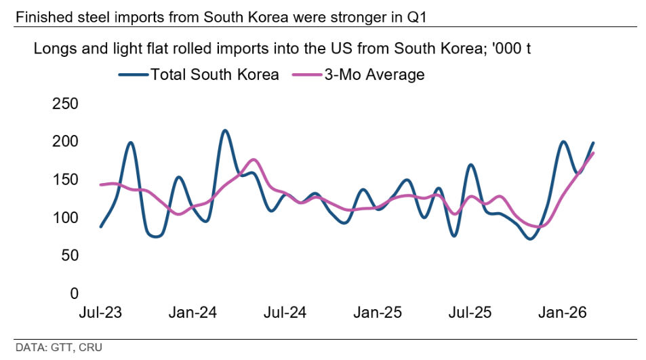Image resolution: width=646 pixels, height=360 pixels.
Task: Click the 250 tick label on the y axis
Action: [x=66, y=104]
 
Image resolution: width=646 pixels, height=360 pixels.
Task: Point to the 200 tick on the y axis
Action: [x=66, y=142]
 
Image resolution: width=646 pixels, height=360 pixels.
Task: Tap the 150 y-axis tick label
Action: [x=66, y=180]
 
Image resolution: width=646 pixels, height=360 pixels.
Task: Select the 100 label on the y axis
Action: [x=66, y=218]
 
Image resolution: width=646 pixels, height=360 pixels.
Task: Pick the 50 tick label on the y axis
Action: [x=70, y=256]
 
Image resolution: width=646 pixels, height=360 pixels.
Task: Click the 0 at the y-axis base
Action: [x=75, y=294]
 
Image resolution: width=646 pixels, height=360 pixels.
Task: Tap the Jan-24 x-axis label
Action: [x=193, y=313]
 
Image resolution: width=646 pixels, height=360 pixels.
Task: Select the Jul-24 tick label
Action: [x=284, y=313]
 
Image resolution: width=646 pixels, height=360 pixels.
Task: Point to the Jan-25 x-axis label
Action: [x=378, y=313]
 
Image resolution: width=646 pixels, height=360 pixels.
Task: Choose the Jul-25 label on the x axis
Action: [x=469, y=313]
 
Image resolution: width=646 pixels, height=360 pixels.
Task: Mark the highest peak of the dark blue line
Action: [x=225, y=130]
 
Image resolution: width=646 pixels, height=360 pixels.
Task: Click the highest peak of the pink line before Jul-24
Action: [x=253, y=160]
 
